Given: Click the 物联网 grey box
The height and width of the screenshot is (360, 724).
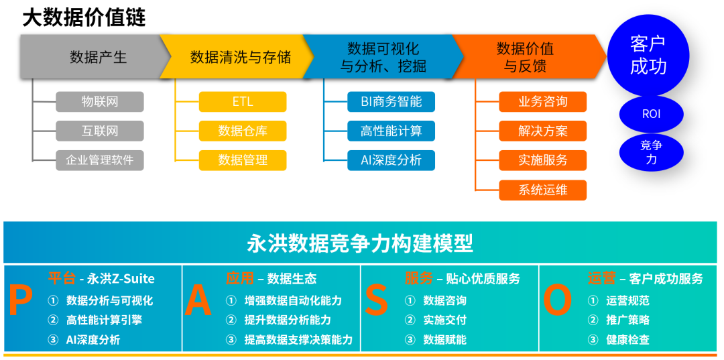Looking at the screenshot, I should [x=100, y=102].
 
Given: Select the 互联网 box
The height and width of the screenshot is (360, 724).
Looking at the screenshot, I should [x=100, y=131].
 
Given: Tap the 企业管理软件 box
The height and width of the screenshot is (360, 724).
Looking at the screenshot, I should [x=100, y=160].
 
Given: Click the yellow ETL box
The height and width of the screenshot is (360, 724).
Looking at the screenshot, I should [x=243, y=102].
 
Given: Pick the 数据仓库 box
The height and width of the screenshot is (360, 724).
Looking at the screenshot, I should [x=243, y=131].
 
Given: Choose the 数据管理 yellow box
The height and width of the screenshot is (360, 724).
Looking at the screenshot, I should [x=243, y=160].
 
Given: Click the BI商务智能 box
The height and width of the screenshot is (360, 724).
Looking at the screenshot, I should [x=391, y=102].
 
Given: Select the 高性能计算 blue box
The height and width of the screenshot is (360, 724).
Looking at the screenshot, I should [x=391, y=131].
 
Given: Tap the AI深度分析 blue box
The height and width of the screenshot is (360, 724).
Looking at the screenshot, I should [x=391, y=160].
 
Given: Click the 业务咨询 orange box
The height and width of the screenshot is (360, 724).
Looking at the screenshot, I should [x=543, y=102].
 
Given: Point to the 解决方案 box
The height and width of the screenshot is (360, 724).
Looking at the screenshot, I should [x=543, y=131].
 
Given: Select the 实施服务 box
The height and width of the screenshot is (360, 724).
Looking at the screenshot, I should [x=543, y=160].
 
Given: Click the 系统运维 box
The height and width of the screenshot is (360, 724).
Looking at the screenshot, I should [x=543, y=190].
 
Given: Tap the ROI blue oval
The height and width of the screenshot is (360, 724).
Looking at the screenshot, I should [x=651, y=114].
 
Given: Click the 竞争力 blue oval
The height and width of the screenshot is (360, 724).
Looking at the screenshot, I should [x=651, y=152].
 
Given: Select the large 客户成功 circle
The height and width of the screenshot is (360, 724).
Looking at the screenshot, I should [x=648, y=56].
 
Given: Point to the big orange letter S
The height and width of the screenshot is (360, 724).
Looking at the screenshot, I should [x=377, y=302].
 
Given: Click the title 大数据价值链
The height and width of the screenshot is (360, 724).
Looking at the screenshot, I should [x=84, y=17].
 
